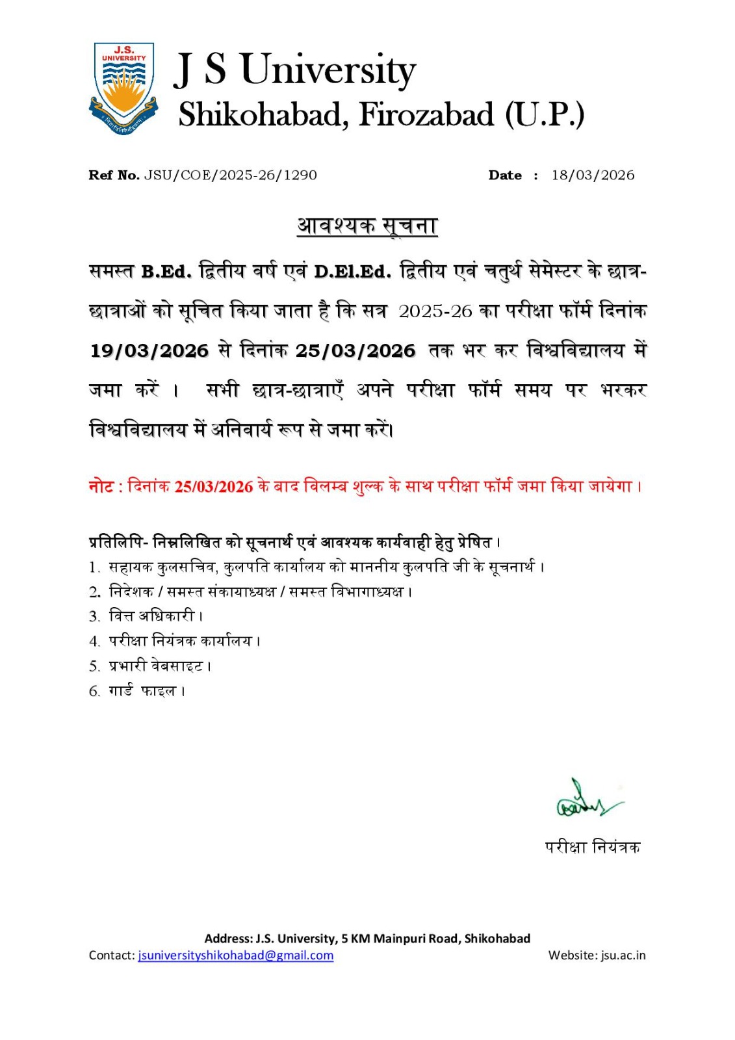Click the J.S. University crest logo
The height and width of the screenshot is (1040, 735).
(123, 88)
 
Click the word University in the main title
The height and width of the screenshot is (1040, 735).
(328, 70)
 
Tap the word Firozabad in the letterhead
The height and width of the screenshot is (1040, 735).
(426, 115)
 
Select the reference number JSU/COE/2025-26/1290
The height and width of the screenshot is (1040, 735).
(231, 175)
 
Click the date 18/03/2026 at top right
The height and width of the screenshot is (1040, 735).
(593, 175)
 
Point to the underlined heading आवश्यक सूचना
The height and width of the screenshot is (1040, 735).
(367, 226)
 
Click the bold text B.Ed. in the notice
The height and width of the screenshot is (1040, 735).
(166, 272)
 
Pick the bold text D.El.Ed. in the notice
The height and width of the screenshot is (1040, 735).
(352, 272)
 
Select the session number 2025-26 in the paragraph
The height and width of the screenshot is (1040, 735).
(435, 311)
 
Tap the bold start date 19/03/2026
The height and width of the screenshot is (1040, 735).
(149, 351)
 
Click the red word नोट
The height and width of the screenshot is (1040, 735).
(101, 486)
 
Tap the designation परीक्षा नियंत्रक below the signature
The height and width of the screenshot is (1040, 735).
(592, 847)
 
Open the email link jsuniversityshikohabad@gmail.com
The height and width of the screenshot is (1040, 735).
(235, 955)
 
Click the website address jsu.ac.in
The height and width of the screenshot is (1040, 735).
(623, 955)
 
